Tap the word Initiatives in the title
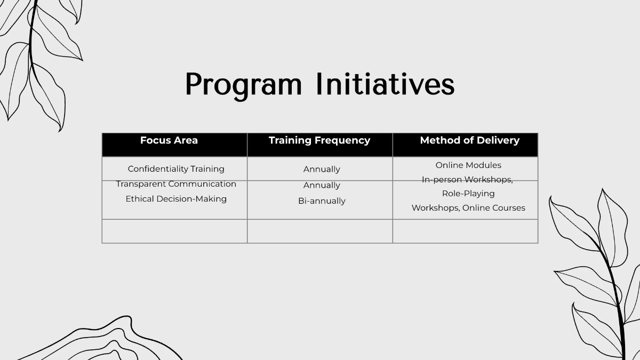pyautogui.click(x=385, y=84)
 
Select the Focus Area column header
pyautogui.click(x=169, y=140)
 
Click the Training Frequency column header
pyautogui.click(x=319, y=140)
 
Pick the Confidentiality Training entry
pyautogui.click(x=176, y=169)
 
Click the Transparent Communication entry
pyautogui.click(x=176, y=184)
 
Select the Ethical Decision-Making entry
pyautogui.click(x=176, y=199)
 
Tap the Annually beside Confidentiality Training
pyautogui.click(x=322, y=169)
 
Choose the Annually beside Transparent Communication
pyautogui.click(x=322, y=185)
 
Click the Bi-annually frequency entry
pyautogui.click(x=322, y=201)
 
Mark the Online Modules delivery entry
pyautogui.click(x=468, y=165)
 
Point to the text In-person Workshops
pyautogui.click(x=467, y=180)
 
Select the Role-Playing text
pyautogui.click(x=468, y=194)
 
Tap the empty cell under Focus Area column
pyautogui.click(x=174, y=231)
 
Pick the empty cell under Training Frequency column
pyautogui.click(x=320, y=231)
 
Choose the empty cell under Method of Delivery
pyautogui.click(x=465, y=231)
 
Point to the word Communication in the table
pyautogui.click(x=202, y=184)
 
